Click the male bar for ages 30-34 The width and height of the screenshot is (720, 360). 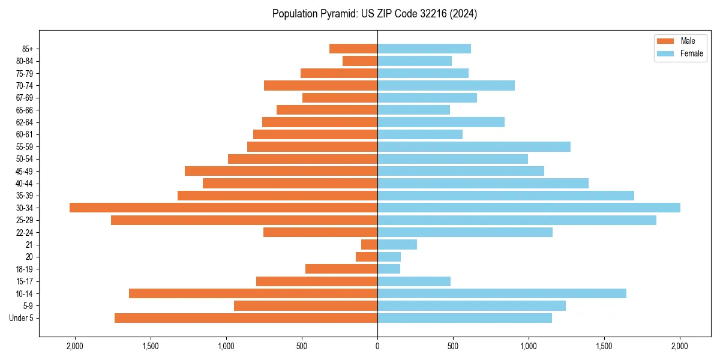coord(223,208)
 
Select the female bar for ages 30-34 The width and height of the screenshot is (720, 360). coord(529,208)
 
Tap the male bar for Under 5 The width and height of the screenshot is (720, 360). coord(246,318)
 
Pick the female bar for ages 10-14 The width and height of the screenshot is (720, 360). coord(502,293)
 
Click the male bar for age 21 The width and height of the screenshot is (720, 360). coord(370,244)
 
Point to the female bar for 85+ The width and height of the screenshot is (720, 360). coord(424,49)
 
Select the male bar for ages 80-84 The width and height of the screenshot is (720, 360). coord(360,61)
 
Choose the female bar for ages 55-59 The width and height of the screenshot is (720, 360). coord(474,146)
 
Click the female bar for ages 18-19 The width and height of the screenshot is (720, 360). coord(389,269)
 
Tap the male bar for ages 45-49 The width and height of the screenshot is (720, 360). coord(281,171)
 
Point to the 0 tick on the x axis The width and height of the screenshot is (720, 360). coord(377,346)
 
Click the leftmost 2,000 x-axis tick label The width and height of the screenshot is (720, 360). coord(75,346)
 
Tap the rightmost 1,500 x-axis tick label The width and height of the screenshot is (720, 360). coord(604,346)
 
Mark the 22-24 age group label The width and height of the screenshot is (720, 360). coord(25,232)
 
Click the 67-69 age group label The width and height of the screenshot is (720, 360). coord(25,98)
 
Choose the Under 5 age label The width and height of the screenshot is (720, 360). coord(22,318)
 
